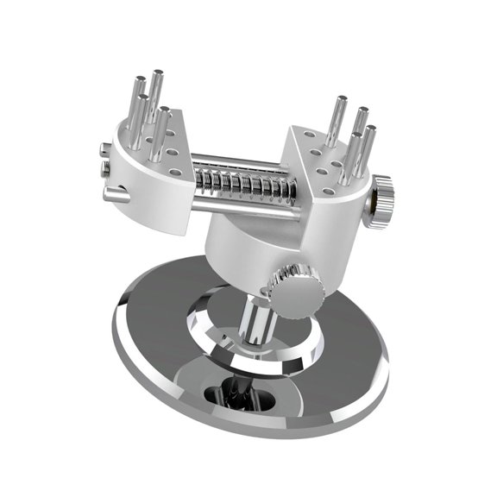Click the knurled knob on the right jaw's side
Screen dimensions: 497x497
tap(383, 199)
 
